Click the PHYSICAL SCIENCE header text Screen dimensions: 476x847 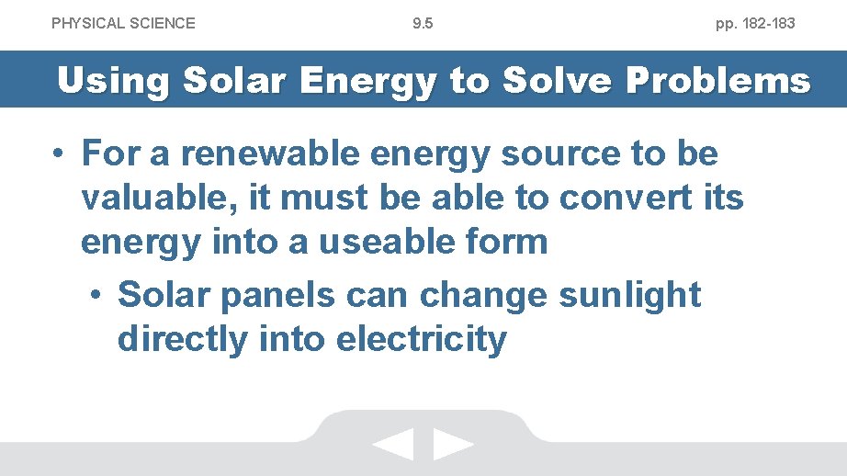123,23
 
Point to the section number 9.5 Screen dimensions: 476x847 423,23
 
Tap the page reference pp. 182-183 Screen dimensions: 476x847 755,23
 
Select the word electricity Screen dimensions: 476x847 422,339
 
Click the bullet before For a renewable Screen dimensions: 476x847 59,153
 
